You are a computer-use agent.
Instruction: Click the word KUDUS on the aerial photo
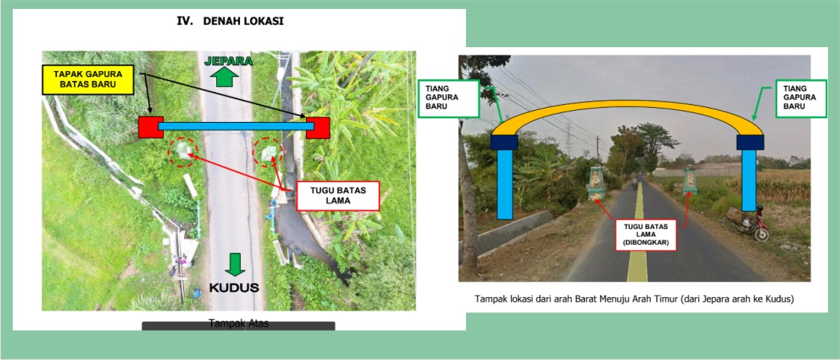click(x=234, y=287)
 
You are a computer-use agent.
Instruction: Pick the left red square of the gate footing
click(x=150, y=126)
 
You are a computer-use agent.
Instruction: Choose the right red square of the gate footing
click(x=317, y=127)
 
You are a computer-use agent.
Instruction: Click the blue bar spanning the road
click(x=235, y=126)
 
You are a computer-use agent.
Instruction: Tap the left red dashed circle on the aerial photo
click(x=183, y=152)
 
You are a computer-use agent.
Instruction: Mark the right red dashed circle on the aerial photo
click(x=268, y=152)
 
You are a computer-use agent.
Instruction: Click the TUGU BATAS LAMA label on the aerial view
click(x=339, y=195)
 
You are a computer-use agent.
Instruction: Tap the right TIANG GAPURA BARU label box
click(x=801, y=97)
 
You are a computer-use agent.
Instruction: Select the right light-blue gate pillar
click(x=748, y=180)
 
